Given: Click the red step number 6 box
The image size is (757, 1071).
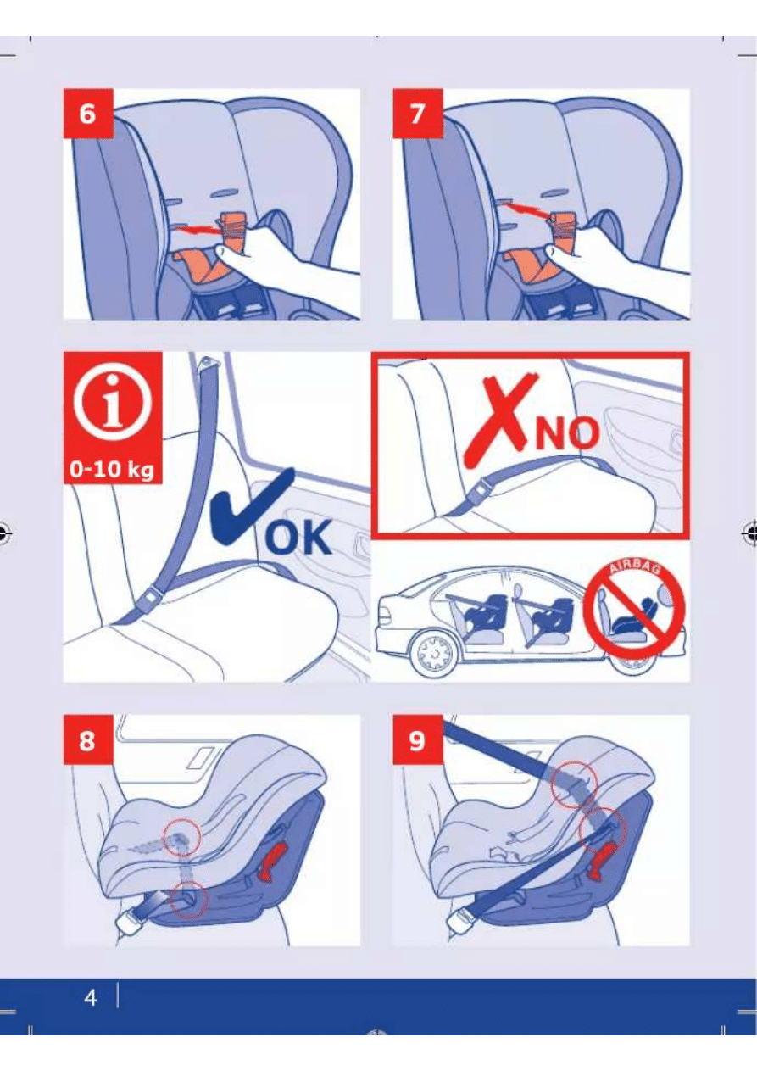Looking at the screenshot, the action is (x=88, y=114).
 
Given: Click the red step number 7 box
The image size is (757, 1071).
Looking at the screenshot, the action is (x=418, y=114).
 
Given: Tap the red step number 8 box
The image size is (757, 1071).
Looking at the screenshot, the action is (x=88, y=739).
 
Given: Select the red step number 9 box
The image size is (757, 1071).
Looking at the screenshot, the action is (x=418, y=739).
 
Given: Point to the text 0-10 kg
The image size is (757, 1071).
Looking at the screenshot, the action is (x=112, y=470).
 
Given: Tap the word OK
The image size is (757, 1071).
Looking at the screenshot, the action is (x=298, y=537).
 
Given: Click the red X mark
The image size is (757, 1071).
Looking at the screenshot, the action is (x=502, y=421).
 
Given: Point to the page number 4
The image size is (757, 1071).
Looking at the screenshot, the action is (x=90, y=997).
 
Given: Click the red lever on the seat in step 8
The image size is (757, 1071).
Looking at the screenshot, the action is (x=272, y=862).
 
